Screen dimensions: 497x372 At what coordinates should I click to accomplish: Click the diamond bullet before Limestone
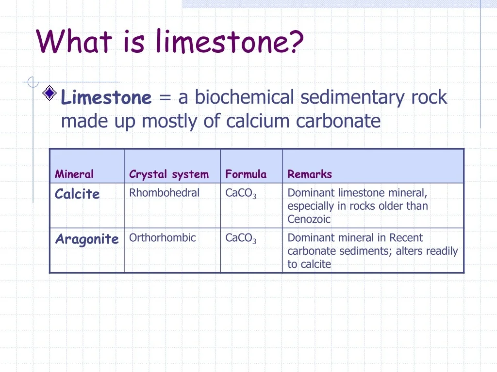[x=50, y=93]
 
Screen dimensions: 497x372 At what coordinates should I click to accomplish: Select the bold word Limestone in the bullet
[x=106, y=97]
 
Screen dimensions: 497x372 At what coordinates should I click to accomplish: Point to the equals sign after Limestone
[x=165, y=97]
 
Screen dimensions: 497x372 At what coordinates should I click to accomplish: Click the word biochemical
[x=245, y=96]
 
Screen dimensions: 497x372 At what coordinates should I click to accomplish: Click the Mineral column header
[x=74, y=174]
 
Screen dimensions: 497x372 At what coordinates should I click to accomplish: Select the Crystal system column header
[x=169, y=174]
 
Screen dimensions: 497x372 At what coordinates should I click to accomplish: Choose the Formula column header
[x=246, y=174]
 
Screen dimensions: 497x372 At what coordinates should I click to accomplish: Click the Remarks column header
[x=310, y=174]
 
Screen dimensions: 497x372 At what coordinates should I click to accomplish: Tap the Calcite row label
[x=77, y=194]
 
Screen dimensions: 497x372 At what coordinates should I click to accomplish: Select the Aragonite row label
[x=87, y=239]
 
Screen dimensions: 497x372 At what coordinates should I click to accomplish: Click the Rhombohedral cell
[x=164, y=193]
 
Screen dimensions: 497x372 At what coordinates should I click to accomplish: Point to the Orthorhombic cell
[x=162, y=237]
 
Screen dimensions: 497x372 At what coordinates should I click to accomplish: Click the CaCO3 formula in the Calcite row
[x=241, y=193]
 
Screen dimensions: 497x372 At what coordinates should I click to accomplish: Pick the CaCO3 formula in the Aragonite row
[x=241, y=238]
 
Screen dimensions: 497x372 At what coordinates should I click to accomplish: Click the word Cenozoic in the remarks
[x=309, y=219]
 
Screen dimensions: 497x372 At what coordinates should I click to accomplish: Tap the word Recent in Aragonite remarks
[x=406, y=237]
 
